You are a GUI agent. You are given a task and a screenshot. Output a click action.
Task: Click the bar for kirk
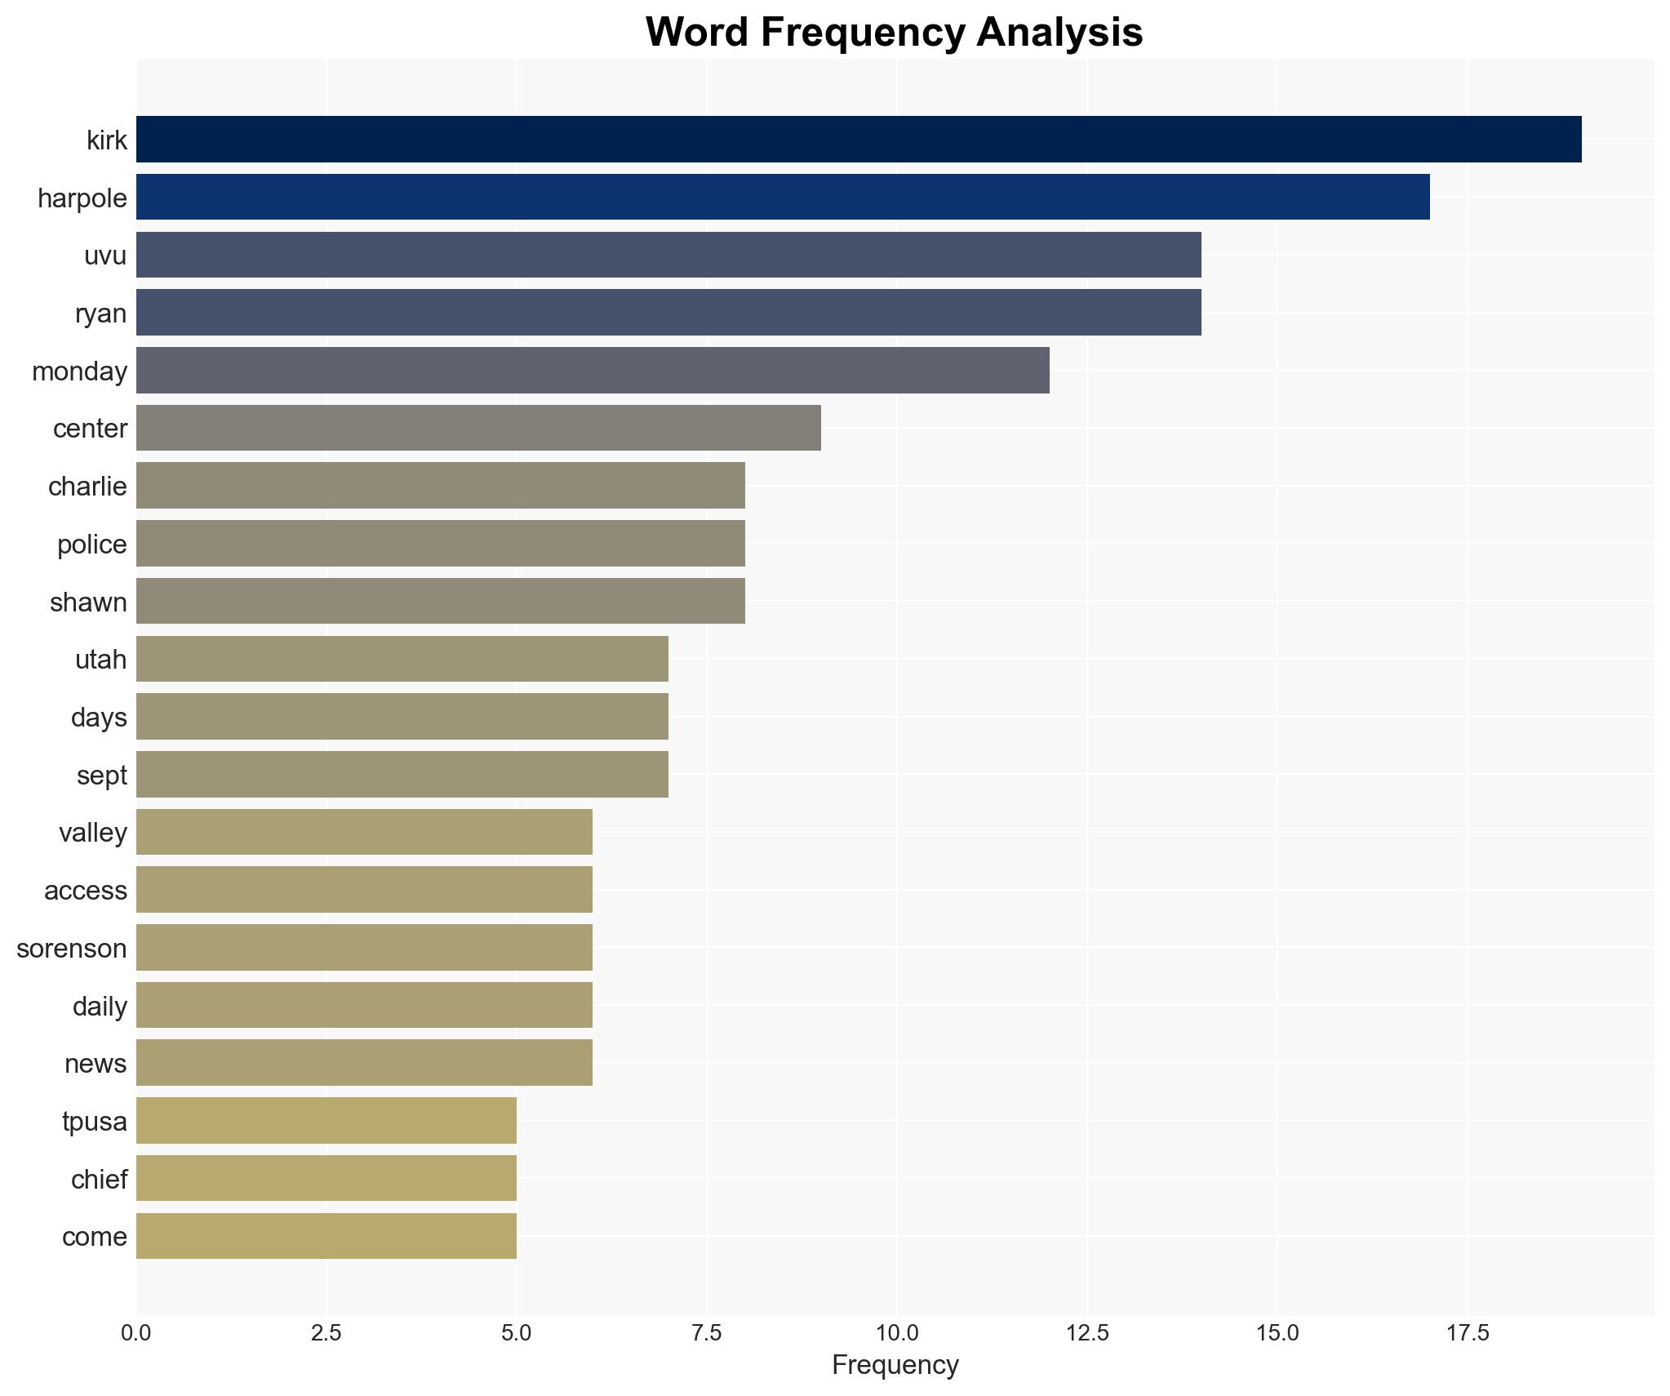(x=858, y=140)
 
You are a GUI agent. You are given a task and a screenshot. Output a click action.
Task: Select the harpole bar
(x=782, y=198)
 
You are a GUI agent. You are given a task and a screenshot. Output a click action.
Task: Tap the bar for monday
(x=592, y=371)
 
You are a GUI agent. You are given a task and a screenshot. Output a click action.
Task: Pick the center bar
(x=477, y=428)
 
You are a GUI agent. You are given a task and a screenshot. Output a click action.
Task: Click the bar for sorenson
(x=363, y=948)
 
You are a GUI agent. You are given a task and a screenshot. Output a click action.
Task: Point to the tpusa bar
(x=326, y=1121)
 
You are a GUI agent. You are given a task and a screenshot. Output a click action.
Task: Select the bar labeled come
(x=326, y=1236)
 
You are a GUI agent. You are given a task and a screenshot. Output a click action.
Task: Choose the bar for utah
(x=402, y=659)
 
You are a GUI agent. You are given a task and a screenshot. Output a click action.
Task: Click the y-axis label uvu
(x=105, y=256)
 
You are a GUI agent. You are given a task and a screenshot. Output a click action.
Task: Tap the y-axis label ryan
(x=100, y=313)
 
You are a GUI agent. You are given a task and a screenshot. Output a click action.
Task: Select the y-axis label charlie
(x=87, y=487)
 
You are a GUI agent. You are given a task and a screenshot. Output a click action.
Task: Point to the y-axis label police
(x=91, y=545)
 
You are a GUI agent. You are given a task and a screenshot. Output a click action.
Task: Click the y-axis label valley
(x=92, y=833)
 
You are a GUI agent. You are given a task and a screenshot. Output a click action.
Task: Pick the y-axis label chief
(x=99, y=1179)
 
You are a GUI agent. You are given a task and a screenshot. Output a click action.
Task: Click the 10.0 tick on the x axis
(x=896, y=1333)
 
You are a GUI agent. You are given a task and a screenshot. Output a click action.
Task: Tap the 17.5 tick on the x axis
(x=1467, y=1333)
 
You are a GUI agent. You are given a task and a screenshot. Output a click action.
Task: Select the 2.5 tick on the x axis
(x=326, y=1333)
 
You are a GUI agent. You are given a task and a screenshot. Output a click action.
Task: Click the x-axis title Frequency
(x=895, y=1365)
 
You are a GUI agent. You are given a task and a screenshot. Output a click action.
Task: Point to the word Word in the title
(x=697, y=33)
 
